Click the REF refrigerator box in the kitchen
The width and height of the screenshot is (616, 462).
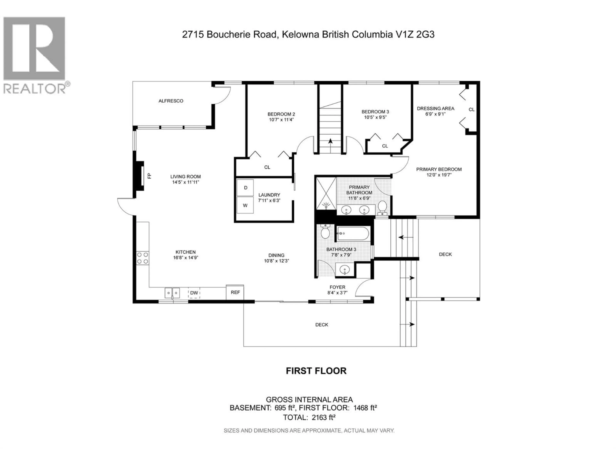click(235, 292)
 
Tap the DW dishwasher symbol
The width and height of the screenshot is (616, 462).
click(194, 293)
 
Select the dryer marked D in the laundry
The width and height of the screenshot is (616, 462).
click(245, 188)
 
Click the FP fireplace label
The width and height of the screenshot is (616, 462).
click(149, 176)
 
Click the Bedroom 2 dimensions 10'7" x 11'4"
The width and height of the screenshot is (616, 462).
click(281, 120)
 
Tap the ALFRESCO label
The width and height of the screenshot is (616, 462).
click(171, 101)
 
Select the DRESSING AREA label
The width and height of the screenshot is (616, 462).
click(435, 108)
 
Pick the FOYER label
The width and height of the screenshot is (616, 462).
click(337, 287)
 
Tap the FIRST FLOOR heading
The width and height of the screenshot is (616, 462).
click(316, 371)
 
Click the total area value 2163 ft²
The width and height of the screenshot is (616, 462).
click(323, 417)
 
